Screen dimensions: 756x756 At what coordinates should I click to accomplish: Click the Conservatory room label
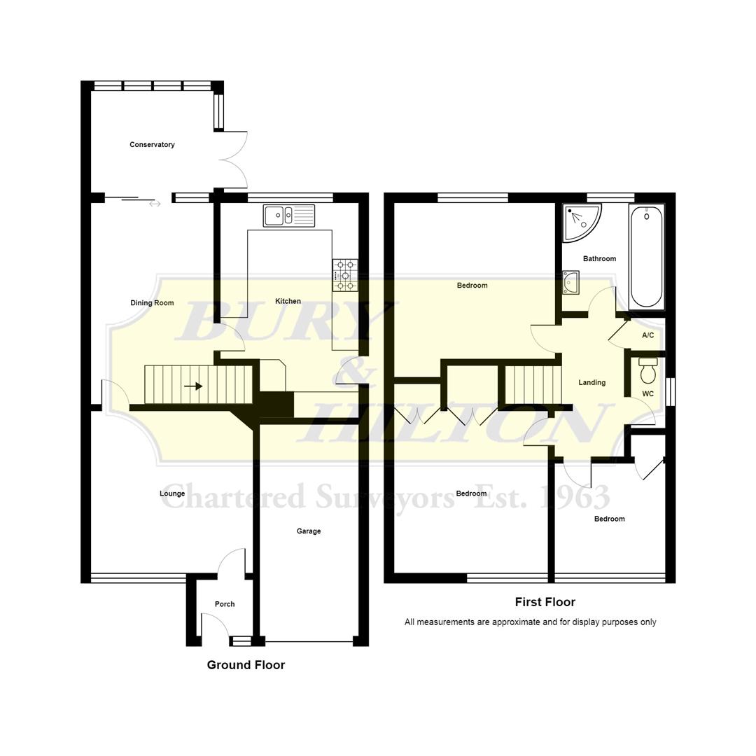pos(152,145)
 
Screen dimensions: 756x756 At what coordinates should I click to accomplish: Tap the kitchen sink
pos(289,216)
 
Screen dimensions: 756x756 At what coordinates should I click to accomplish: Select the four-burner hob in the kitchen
pos(345,275)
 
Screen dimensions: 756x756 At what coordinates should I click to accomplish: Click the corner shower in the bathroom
pos(580,222)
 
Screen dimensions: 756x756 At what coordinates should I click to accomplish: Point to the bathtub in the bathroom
pos(646,257)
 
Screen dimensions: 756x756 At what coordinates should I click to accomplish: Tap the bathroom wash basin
pos(571,282)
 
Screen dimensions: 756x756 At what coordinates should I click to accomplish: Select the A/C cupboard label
pos(648,336)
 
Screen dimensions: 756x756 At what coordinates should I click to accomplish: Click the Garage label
pos(309,531)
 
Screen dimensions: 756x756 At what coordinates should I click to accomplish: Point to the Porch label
pos(225,604)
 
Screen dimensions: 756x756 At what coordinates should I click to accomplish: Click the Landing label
pos(592,383)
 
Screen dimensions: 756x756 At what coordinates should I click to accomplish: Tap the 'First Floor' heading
pos(545,602)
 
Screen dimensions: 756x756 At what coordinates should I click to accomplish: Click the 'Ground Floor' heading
pos(246,665)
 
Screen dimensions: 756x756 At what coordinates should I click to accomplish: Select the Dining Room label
pos(152,303)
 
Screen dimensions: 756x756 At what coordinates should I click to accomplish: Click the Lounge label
pos(172,493)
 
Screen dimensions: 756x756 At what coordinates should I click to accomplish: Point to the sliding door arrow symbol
pos(155,204)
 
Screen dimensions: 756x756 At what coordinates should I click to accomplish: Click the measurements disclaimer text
pos(530,622)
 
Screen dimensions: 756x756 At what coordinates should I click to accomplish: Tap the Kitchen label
pos(288,302)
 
